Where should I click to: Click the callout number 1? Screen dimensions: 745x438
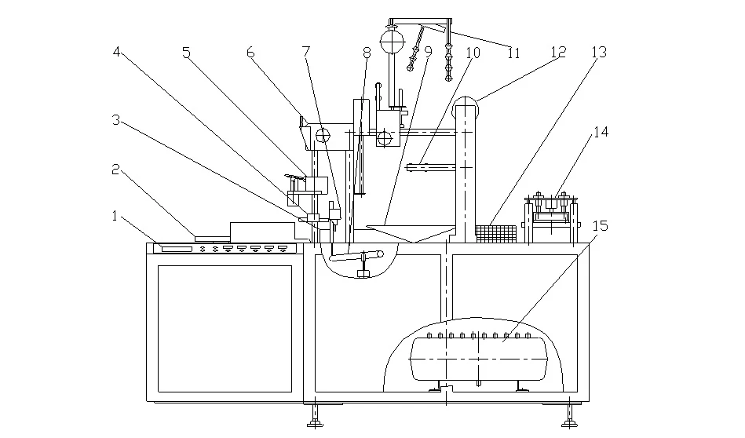115,216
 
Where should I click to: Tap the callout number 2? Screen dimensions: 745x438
115,169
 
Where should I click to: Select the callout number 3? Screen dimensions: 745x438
116,120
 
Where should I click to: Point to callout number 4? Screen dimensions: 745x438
117,52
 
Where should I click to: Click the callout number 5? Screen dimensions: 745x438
186,53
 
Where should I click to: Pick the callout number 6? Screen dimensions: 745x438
251,53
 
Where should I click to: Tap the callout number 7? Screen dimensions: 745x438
306,52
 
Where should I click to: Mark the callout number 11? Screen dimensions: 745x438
513,53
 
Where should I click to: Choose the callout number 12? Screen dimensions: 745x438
559,52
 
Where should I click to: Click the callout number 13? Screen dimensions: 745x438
600,52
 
